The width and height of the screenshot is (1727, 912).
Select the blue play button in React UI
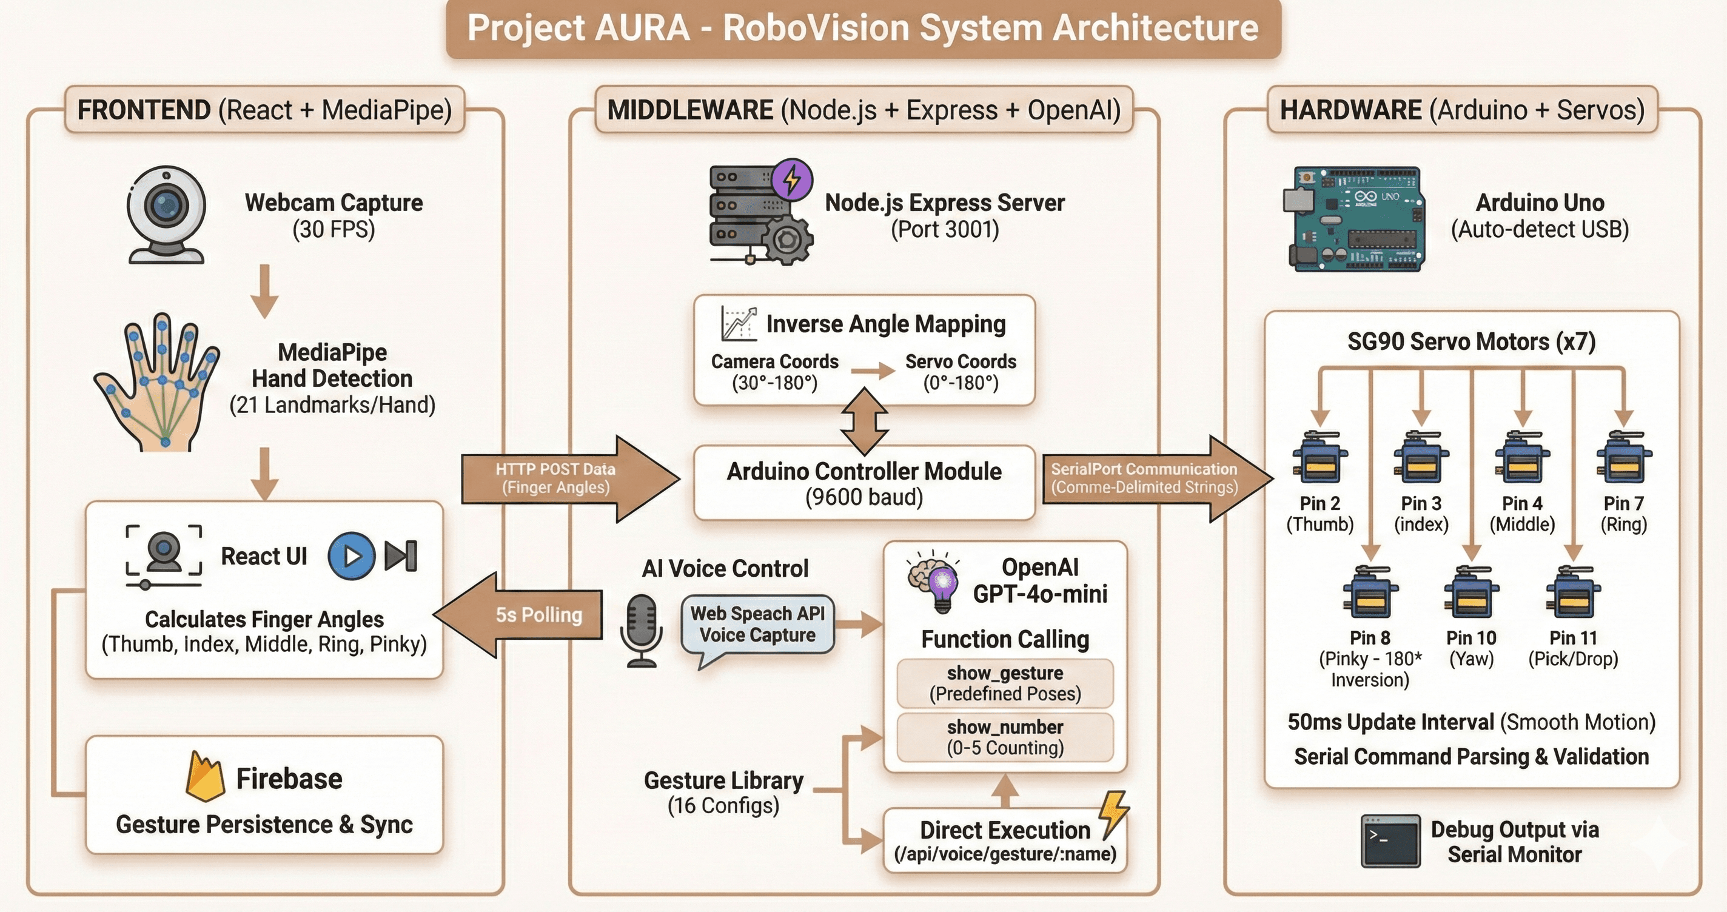pyautogui.click(x=351, y=556)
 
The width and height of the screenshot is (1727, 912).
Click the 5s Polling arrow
pyautogui.click(x=520, y=615)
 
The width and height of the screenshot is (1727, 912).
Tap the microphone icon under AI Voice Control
pyautogui.click(x=642, y=631)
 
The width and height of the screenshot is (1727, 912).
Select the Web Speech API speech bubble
pyautogui.click(x=757, y=625)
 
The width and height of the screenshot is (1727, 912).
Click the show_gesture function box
pyautogui.click(x=1004, y=683)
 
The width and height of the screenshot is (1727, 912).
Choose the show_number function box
pyautogui.click(x=1004, y=737)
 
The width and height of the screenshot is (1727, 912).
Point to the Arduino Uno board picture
pyautogui.click(x=1354, y=220)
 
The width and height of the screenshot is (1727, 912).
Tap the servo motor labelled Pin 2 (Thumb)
pyautogui.click(x=1320, y=458)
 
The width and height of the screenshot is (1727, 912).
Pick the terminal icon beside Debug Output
pyautogui.click(x=1390, y=841)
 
